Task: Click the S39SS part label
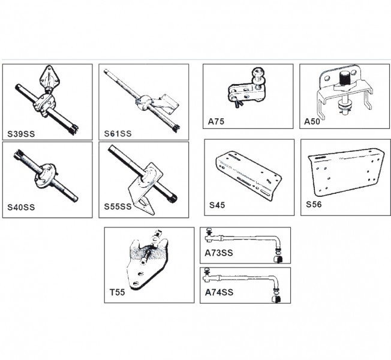[21, 134]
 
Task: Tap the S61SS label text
[118, 134]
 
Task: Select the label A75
[216, 121]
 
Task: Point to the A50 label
[312, 121]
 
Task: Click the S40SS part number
[21, 208]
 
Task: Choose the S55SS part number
[118, 206]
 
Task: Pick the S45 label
[217, 205]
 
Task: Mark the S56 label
[314, 205]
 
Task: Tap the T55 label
[117, 292]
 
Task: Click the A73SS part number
[219, 253]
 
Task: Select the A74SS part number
[219, 292]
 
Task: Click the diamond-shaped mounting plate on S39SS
[49, 76]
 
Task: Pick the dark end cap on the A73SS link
[278, 259]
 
